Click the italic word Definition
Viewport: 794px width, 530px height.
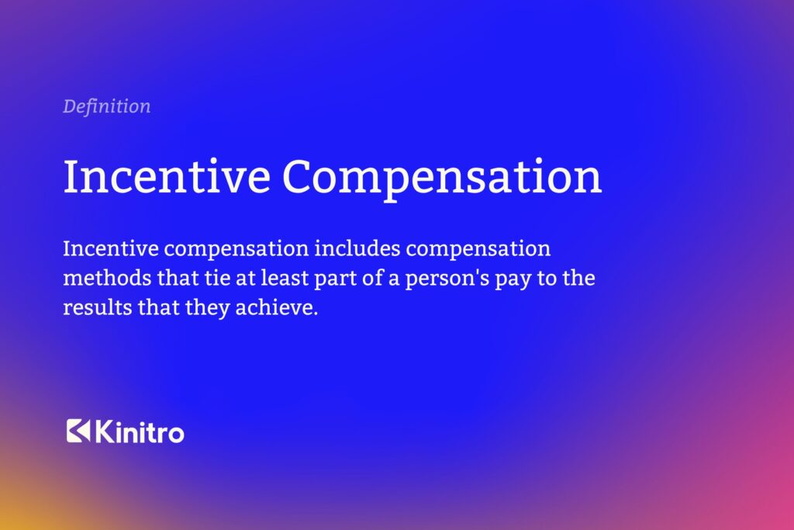107,106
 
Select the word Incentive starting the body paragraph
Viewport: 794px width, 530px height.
109,250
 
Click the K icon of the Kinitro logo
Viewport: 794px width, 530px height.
78,431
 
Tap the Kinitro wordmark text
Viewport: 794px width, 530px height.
140,431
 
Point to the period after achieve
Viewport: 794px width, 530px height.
316,312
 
